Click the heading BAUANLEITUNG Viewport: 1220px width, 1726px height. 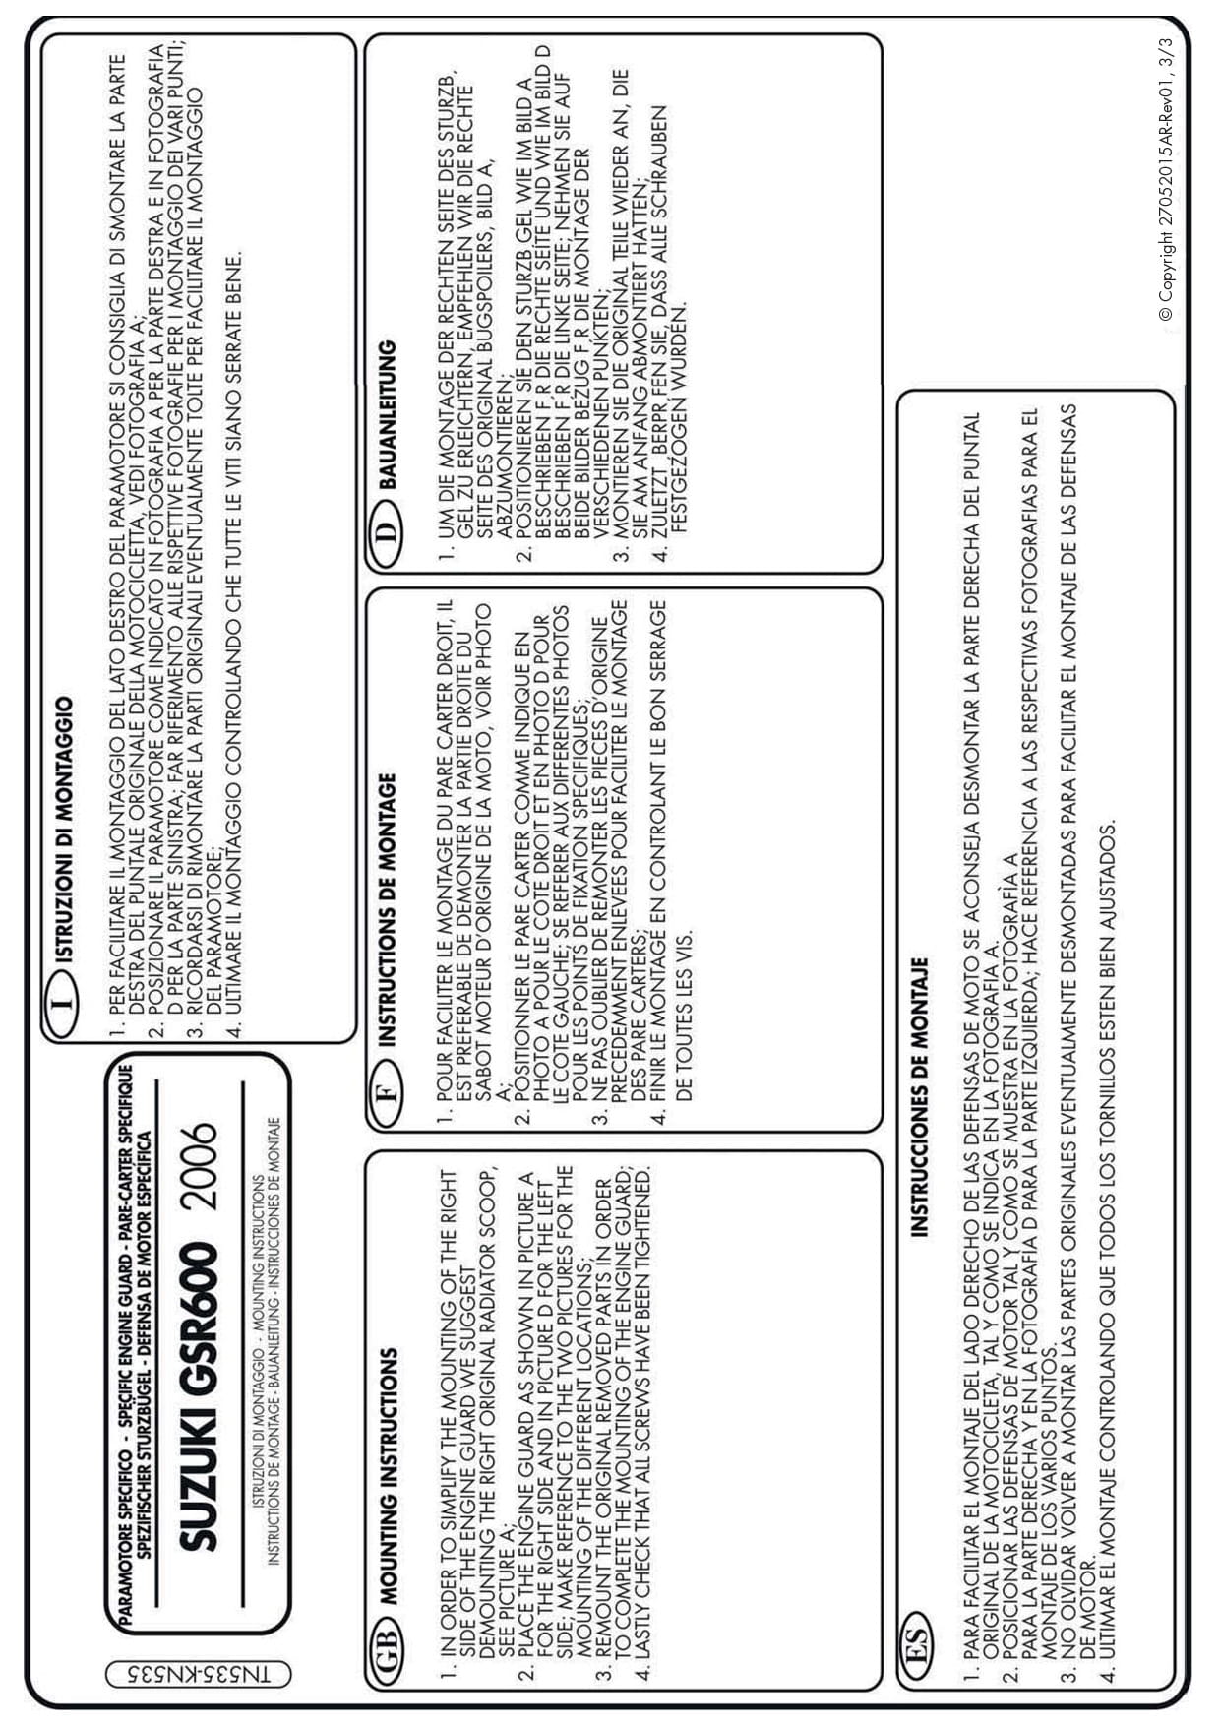(388, 414)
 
